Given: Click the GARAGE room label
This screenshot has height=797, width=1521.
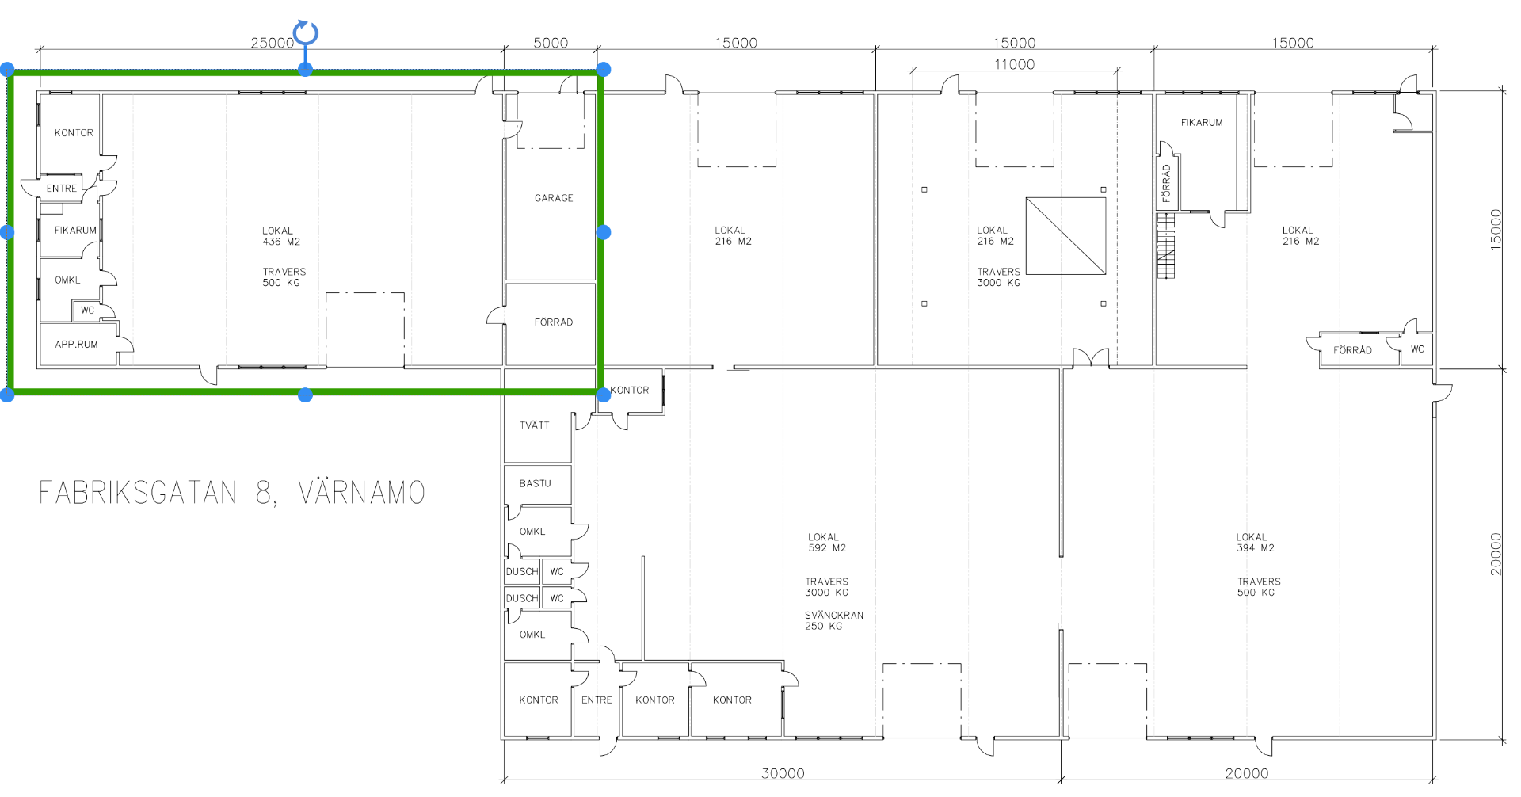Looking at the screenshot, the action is point(554,198).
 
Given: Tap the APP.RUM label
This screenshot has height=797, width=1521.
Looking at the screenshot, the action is point(77,345).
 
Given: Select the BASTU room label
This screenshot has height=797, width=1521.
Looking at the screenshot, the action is point(536,483).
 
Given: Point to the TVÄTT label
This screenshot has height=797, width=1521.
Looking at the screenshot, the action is point(535,425).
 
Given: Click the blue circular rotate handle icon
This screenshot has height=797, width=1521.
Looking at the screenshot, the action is point(306,33).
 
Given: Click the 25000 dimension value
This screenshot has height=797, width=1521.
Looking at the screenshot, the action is point(273,43).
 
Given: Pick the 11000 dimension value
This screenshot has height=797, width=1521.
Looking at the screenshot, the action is point(1015,64).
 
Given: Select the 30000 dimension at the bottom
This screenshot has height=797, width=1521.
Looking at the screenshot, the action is point(783,773).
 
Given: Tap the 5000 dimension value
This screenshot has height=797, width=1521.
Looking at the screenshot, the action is point(551,43).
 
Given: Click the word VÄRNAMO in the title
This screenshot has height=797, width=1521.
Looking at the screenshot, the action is point(362,493).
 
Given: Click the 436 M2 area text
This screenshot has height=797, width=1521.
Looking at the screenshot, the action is point(281,242).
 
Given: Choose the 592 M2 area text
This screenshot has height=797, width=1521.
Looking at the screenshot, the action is point(827,548).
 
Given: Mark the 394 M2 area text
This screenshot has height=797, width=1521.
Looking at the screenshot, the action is point(1256,548).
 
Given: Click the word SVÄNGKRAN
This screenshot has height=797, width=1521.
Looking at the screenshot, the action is point(834,615).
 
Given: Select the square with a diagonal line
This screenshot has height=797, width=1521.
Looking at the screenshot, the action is point(1065,236).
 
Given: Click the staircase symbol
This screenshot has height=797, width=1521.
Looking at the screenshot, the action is point(1165,246).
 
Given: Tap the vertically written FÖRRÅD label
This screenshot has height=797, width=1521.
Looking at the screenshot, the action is point(1166,184).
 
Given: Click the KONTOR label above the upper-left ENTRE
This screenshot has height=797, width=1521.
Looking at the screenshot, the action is point(74,133).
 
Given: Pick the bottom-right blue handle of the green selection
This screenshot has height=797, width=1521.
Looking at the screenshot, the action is point(604,395).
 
